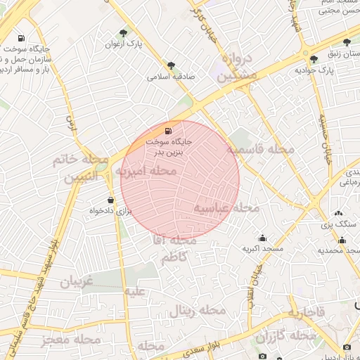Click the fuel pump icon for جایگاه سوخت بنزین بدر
point(167,131)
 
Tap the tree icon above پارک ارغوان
point(124,33)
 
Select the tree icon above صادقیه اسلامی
point(170,65)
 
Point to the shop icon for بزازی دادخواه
point(110,200)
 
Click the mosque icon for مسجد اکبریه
point(262,238)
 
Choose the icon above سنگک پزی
point(339,213)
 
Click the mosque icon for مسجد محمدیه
point(342,240)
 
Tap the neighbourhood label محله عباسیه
point(227,208)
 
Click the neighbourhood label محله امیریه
point(146,171)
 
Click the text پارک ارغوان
point(124,44)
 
